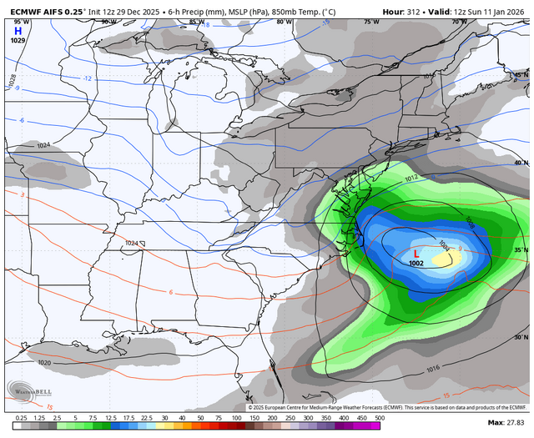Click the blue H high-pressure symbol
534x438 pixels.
(18, 30)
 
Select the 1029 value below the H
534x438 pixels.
(18, 40)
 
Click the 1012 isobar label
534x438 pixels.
(411, 179)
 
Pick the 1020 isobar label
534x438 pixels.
(44, 363)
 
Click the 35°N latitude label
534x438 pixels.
(521, 250)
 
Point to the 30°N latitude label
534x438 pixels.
(521, 338)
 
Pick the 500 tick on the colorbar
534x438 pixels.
(379, 417)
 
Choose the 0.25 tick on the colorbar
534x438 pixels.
(21, 417)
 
